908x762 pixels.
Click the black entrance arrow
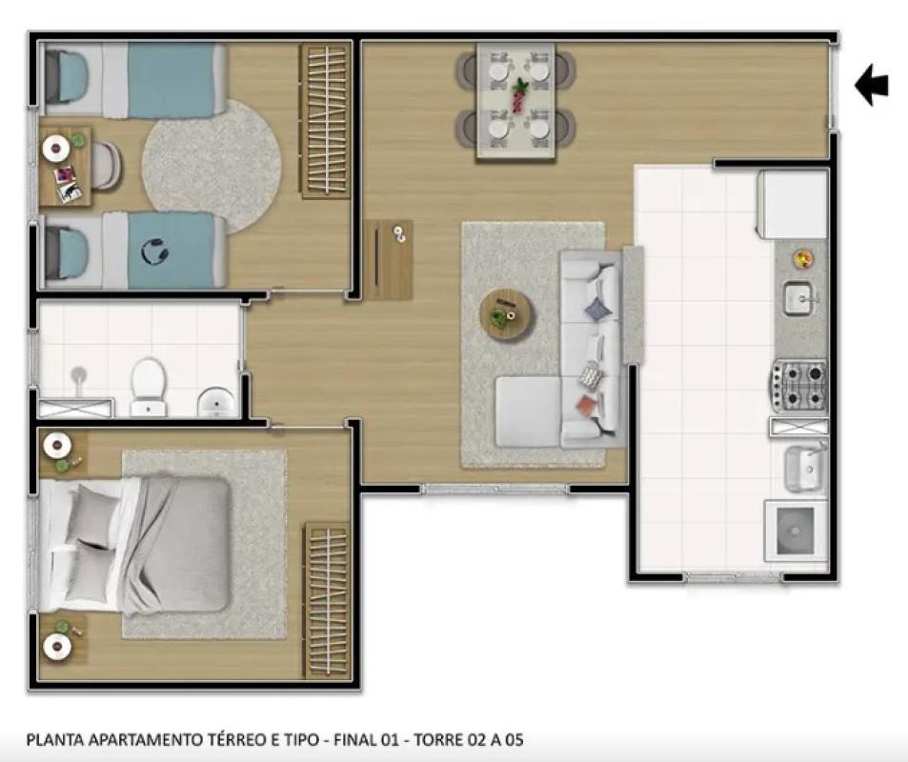[871, 85]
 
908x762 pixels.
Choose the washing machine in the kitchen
[796, 531]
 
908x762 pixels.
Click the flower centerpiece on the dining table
[519, 95]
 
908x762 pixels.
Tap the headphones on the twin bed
[153, 251]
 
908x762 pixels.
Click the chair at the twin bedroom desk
[105, 165]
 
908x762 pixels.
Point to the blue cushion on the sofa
[596, 309]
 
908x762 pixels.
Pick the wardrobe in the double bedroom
[326, 599]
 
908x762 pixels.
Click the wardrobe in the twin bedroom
[326, 120]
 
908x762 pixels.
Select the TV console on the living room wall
[389, 259]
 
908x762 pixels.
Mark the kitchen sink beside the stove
[800, 298]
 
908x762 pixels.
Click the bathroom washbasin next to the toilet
[217, 402]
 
